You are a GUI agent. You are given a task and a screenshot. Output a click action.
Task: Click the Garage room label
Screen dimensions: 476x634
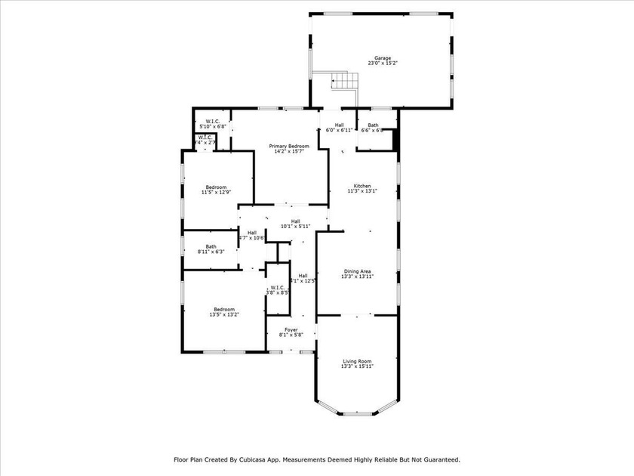(x=383, y=58)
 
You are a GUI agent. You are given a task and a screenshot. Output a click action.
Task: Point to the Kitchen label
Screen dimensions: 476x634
(x=362, y=186)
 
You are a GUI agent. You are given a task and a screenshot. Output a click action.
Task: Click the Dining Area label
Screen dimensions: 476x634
(x=358, y=271)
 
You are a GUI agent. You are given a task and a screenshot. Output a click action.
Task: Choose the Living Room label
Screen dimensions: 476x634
(x=357, y=362)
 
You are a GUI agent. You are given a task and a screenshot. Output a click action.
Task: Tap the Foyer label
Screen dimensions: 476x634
(x=291, y=329)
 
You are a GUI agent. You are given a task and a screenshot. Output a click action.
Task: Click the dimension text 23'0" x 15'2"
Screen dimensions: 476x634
(x=383, y=63)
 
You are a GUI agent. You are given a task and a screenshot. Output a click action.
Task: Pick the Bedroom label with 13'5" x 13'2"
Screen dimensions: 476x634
(x=224, y=309)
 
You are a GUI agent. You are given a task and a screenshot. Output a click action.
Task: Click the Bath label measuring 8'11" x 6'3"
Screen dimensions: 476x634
(x=211, y=246)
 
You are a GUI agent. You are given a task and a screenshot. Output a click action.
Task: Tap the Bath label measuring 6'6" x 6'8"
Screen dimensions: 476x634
(x=373, y=125)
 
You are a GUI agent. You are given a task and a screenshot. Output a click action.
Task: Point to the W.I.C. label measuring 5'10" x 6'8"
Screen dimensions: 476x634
(x=212, y=121)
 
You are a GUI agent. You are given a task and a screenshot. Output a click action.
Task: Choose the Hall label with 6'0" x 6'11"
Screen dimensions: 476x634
(x=340, y=125)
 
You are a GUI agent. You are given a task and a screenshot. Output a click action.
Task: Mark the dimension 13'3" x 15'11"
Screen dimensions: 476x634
(x=357, y=367)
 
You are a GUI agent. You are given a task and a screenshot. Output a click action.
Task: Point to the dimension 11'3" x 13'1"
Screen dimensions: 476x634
(x=362, y=191)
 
